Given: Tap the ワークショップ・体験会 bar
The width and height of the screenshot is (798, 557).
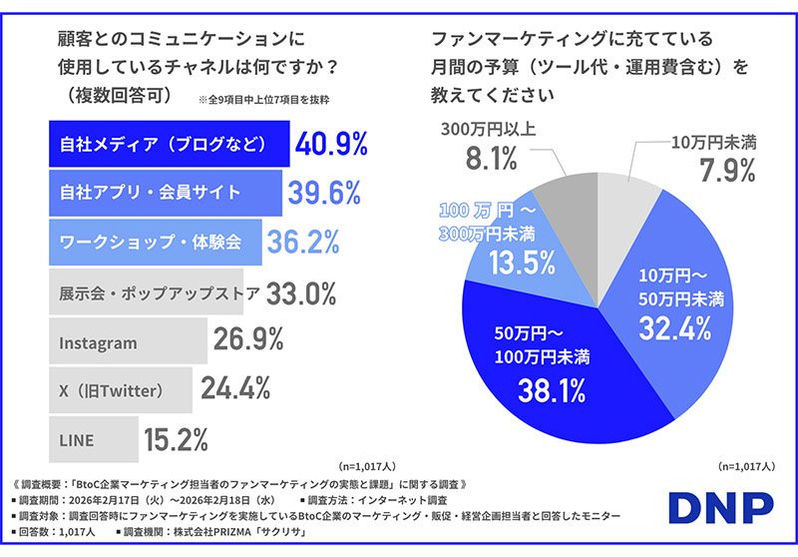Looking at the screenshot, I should click(155, 243).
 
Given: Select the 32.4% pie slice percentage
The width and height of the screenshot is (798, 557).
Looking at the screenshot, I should click(681, 325).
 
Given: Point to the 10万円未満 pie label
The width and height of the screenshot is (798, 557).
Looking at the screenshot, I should click(713, 142).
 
